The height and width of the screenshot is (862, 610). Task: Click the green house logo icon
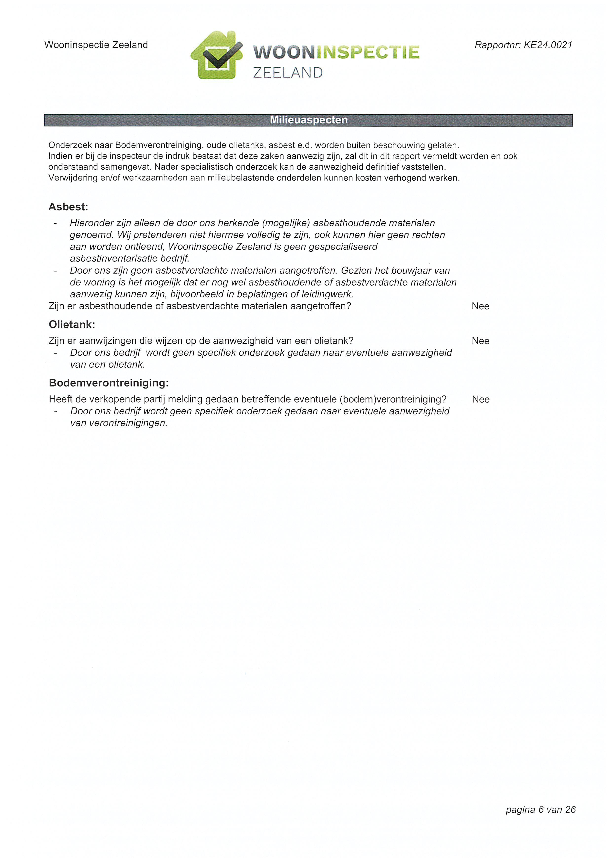(x=217, y=55)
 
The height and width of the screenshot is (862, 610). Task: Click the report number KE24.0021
(x=548, y=45)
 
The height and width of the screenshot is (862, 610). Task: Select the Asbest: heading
(x=68, y=207)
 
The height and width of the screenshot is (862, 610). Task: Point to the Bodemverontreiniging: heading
(x=109, y=383)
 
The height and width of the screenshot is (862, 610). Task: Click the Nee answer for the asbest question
(x=481, y=306)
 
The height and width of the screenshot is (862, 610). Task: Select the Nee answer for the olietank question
(x=481, y=341)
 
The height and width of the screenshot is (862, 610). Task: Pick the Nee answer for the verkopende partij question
(x=481, y=400)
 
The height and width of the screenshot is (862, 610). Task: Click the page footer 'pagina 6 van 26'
(x=540, y=809)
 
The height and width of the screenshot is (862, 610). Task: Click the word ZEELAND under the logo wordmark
(x=288, y=73)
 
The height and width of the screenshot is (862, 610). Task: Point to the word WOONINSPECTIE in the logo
(x=336, y=52)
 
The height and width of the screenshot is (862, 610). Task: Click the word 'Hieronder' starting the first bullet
(x=92, y=223)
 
